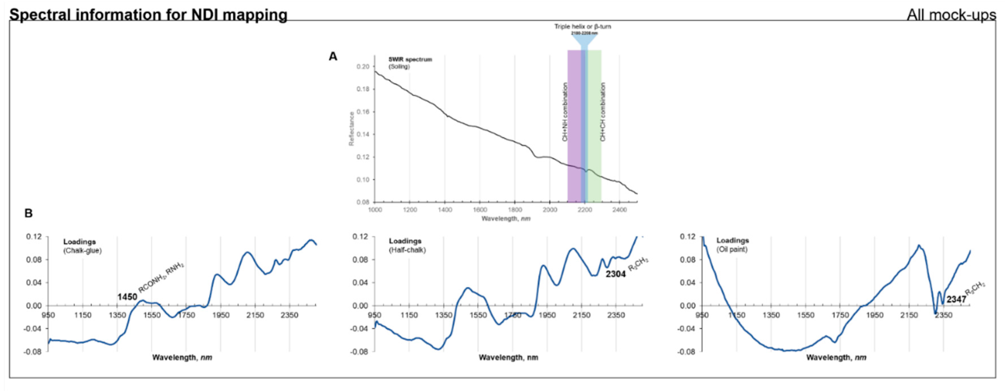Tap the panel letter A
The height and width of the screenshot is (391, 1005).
[333, 57]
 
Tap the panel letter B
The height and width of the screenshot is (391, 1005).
[28, 213]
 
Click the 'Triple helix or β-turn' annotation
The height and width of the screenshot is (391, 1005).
[583, 27]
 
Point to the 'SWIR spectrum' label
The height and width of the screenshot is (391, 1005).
[410, 59]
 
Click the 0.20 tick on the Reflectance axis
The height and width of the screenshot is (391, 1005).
[363, 67]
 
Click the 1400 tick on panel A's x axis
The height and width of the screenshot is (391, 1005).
[445, 210]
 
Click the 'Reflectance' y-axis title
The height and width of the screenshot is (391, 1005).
[351, 129]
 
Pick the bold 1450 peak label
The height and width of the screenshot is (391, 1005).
[127, 297]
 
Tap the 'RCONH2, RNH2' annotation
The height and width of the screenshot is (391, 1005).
[161, 278]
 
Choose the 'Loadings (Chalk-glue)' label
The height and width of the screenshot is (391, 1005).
[82, 246]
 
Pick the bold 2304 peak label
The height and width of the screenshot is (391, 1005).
[615, 274]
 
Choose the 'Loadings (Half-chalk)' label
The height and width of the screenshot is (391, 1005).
[407, 245]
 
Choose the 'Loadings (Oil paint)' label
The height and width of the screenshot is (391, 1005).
[732, 245]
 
